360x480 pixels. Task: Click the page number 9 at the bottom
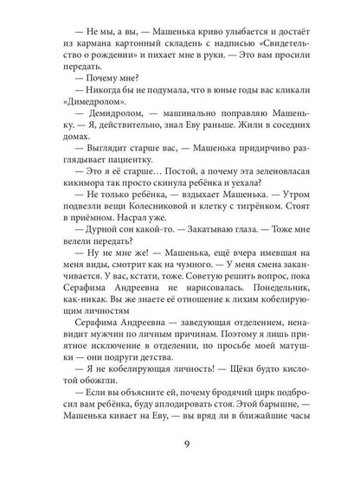180,446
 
